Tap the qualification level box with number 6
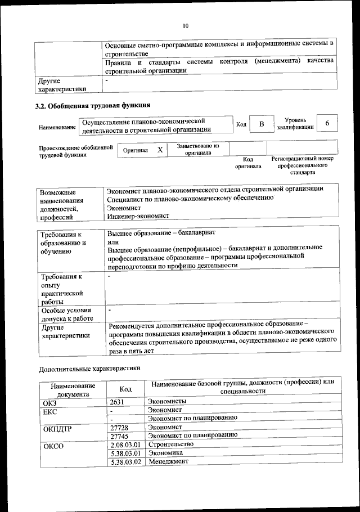(x=327, y=123)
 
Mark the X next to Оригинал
(x=160, y=150)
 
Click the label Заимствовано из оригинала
(x=198, y=149)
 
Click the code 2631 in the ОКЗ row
(x=117, y=401)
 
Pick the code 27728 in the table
(x=120, y=427)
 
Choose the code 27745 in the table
(x=120, y=435)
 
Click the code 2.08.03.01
(x=125, y=444)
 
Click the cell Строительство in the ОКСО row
(x=170, y=444)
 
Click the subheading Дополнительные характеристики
(x=91, y=369)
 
